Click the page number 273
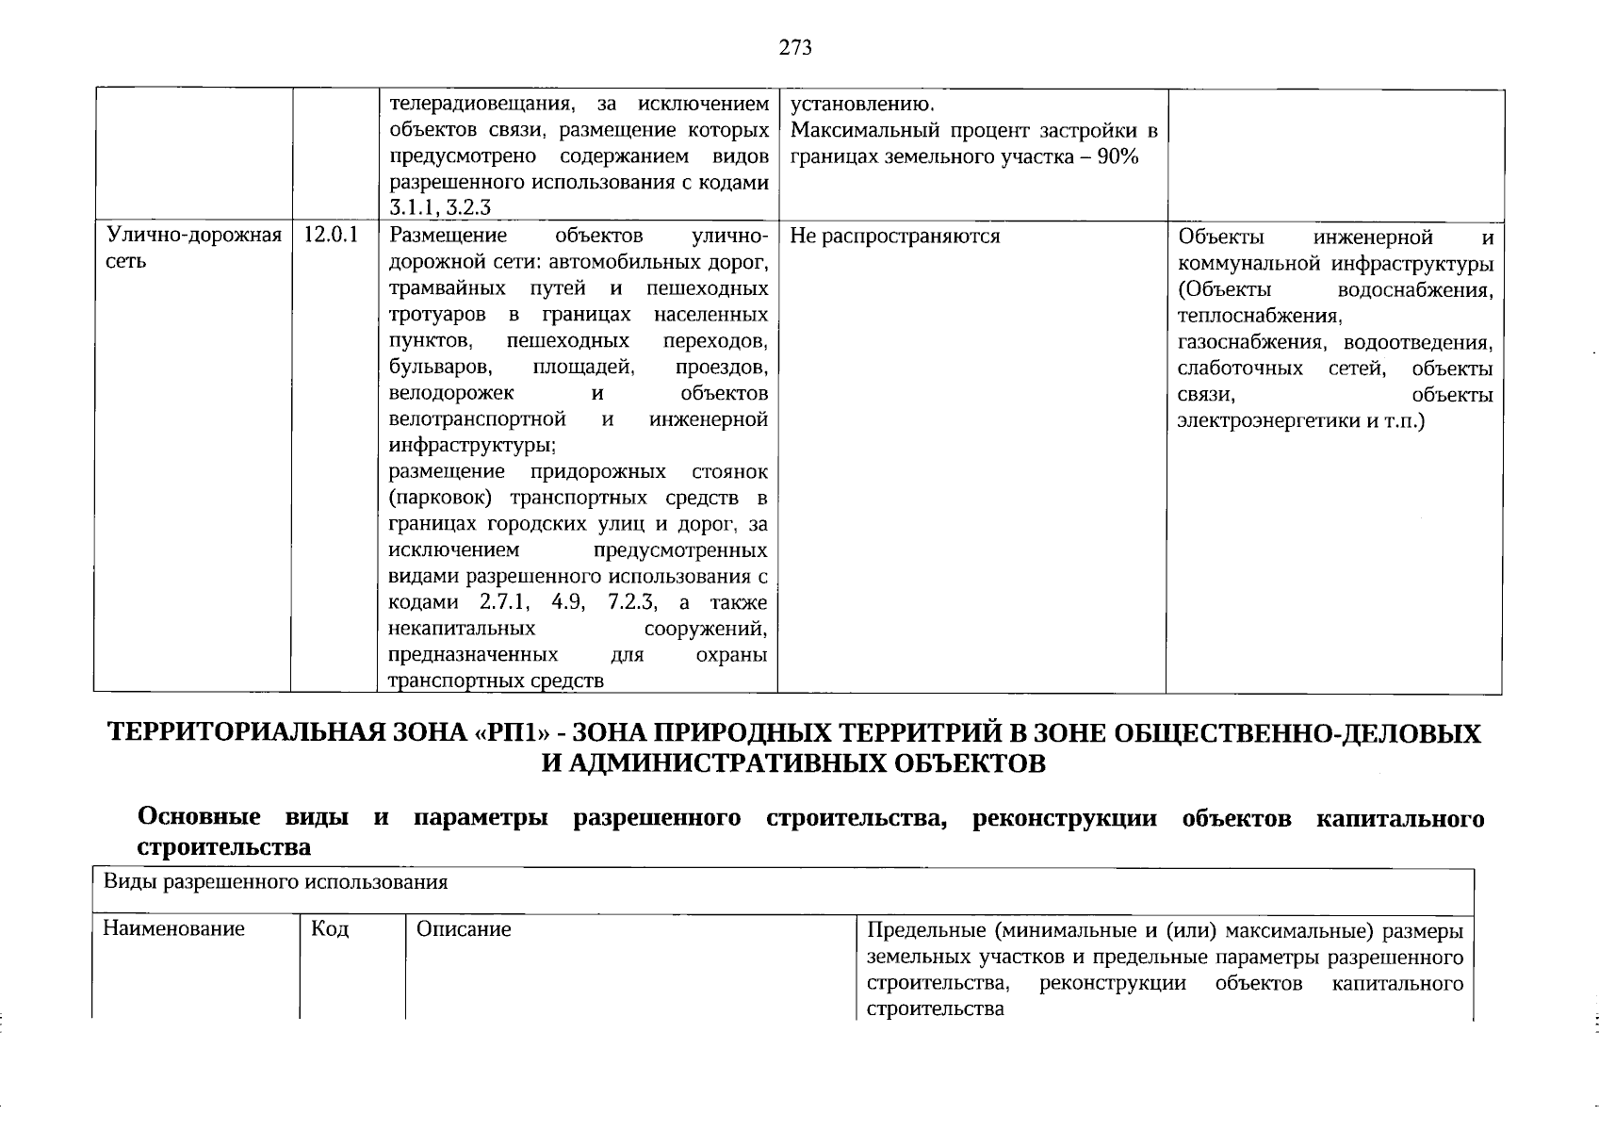coord(795,47)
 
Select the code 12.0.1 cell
coord(332,236)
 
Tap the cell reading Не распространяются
coord(894,236)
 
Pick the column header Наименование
coord(173,929)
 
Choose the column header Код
coord(330,929)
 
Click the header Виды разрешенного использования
coord(275,882)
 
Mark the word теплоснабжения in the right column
coord(1259,316)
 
